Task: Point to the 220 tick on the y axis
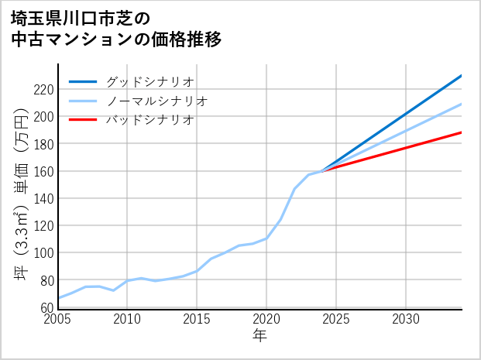click(43, 90)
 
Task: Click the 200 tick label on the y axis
click(43, 117)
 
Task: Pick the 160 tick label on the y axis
click(43, 171)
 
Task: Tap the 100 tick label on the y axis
click(43, 253)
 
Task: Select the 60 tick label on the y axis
click(46, 307)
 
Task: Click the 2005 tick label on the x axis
click(58, 319)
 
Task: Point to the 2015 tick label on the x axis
click(197, 319)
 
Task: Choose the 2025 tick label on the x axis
click(336, 319)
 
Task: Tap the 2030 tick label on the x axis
click(406, 319)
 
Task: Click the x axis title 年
click(259, 336)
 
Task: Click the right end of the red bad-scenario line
click(461, 132)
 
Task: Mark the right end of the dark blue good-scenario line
click(461, 76)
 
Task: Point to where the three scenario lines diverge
click(322, 170)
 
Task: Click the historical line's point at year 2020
click(266, 238)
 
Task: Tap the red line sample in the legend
click(83, 120)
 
